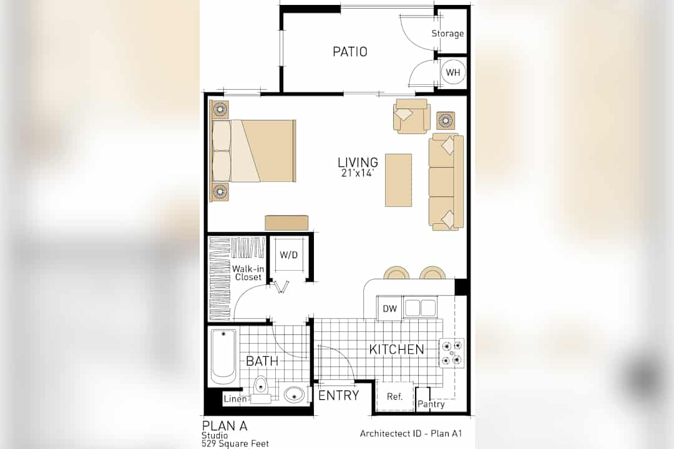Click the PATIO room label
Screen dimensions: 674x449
point(350,52)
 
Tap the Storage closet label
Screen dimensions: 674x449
point(447,34)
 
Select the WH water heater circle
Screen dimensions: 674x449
point(453,72)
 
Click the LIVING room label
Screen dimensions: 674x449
point(358,162)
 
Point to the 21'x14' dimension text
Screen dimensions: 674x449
point(358,173)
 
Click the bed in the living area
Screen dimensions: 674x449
point(253,151)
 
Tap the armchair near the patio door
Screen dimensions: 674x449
point(411,116)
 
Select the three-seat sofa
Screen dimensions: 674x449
point(446,181)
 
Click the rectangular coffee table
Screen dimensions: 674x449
point(398,180)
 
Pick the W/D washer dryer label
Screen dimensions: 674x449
point(288,255)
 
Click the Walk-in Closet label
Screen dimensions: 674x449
point(248,273)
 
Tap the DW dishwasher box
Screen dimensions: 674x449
point(389,308)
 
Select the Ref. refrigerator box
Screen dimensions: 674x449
point(394,396)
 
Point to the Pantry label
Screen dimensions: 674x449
point(431,404)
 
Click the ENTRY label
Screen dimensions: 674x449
point(339,395)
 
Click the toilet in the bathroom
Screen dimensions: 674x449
point(260,389)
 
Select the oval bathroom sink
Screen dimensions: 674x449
point(294,393)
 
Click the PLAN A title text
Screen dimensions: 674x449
point(225,426)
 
